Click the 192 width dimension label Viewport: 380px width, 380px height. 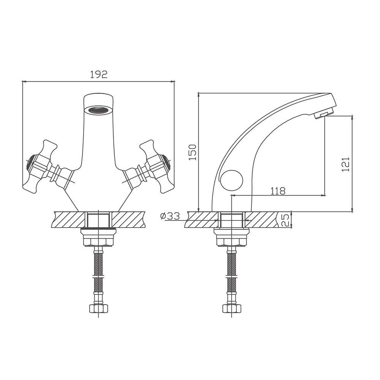(x=99, y=74)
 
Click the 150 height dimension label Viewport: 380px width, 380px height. (x=192, y=152)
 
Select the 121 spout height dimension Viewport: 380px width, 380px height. (x=346, y=164)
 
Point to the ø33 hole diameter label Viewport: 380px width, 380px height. (x=170, y=216)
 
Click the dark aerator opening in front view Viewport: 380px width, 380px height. (x=98, y=110)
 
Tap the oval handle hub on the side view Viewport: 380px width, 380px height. (x=232, y=180)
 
